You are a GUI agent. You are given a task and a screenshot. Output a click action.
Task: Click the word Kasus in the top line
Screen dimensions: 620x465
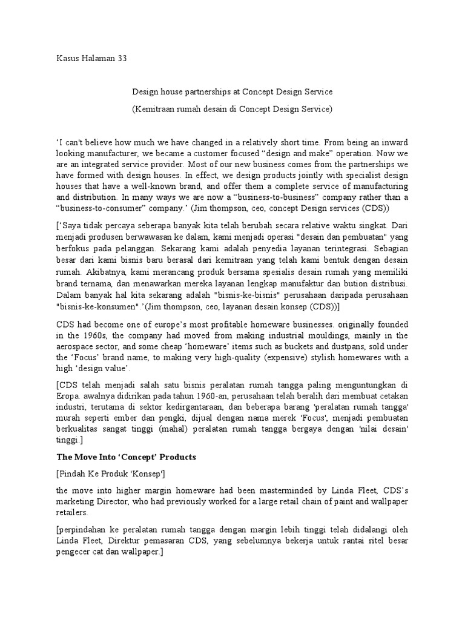[68, 59]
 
